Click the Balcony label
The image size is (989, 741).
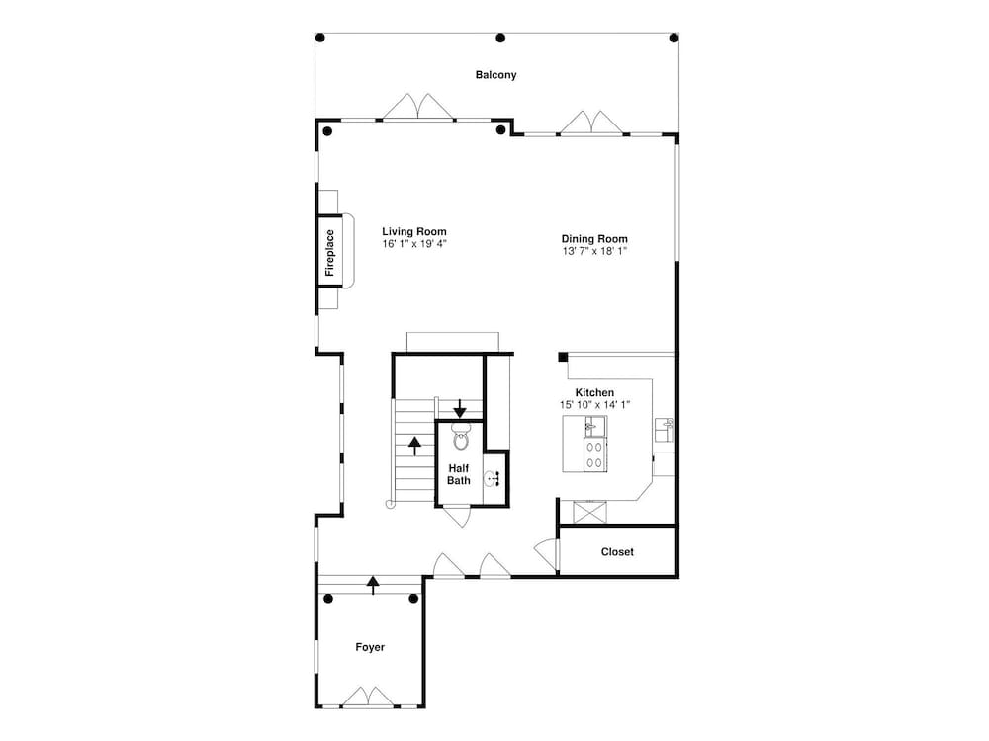(495, 75)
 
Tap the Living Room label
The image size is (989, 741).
(414, 231)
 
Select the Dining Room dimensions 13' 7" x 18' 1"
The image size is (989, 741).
(594, 251)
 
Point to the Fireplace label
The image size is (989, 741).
(329, 252)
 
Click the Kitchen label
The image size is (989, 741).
(594, 392)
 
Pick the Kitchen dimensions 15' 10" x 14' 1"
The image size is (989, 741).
(594, 404)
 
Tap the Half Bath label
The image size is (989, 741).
(459, 474)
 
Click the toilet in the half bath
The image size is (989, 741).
(461, 436)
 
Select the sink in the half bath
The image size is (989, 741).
(493, 479)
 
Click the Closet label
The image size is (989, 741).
(617, 552)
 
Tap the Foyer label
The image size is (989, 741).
(370, 647)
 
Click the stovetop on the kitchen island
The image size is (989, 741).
(594, 454)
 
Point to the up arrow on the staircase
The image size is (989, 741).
(414, 447)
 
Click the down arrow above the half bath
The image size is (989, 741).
(460, 408)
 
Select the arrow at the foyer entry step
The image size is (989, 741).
(374, 585)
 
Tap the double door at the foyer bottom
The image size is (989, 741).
(368, 697)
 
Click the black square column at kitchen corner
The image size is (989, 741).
(563, 358)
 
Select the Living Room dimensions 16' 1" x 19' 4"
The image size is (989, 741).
(414, 244)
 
